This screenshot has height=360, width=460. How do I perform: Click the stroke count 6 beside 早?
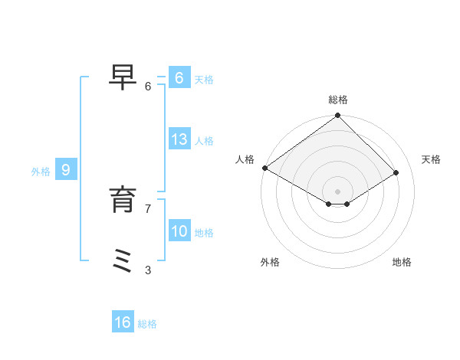tap(148, 87)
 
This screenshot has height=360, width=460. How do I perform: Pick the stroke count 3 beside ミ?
tap(148, 270)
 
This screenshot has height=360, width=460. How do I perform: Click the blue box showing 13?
tap(179, 139)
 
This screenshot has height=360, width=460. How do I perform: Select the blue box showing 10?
tap(179, 231)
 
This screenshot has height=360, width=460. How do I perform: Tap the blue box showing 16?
tap(123, 322)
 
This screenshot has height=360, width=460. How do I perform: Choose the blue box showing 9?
tap(66, 170)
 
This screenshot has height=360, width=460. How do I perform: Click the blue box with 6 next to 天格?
tap(179, 78)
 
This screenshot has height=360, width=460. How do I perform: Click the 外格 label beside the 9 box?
tap(41, 172)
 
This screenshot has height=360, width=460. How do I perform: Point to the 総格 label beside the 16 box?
tap(147, 324)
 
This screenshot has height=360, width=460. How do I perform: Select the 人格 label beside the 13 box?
tap(204, 141)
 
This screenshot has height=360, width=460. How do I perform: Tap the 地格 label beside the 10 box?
tap(204, 233)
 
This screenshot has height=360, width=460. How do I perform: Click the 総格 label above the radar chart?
tap(338, 100)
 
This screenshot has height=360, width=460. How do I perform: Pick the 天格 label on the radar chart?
tap(431, 159)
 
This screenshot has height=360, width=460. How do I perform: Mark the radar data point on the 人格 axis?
tap(264, 168)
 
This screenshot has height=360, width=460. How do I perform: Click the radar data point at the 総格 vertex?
tap(338, 116)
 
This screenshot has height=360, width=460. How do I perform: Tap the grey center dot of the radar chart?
tap(338, 191)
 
